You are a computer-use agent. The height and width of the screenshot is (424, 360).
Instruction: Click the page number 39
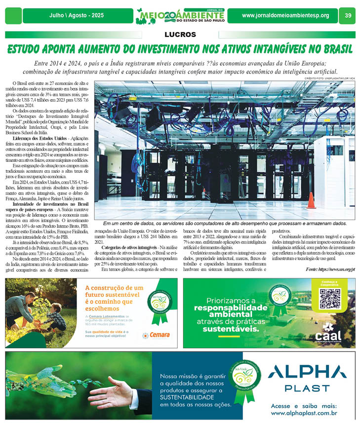[x=348, y=16]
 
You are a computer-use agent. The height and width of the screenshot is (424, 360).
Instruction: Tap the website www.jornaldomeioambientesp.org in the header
[x=285, y=16]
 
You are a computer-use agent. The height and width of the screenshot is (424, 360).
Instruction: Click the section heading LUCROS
[x=180, y=35]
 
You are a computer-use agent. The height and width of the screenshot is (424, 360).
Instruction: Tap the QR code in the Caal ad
[x=330, y=298]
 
